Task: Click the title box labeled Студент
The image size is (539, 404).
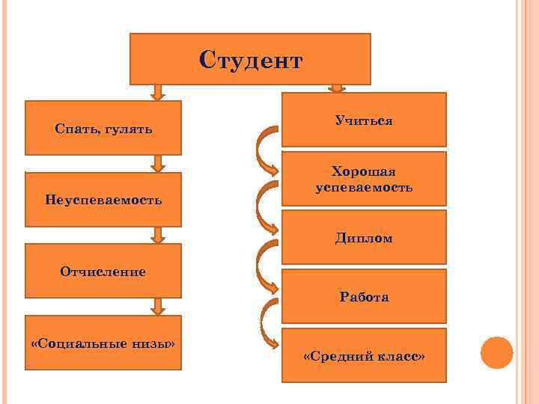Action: (x=250, y=58)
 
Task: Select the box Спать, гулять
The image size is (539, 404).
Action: (x=103, y=128)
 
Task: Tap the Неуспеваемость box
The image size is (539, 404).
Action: (x=103, y=199)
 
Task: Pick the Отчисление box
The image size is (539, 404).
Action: (x=103, y=271)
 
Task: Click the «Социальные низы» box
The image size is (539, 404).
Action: (x=103, y=343)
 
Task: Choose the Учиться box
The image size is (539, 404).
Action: (x=364, y=119)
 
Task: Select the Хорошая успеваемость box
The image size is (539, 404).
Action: (x=364, y=178)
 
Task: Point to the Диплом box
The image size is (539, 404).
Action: (x=364, y=237)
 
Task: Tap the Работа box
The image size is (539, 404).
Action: (x=364, y=296)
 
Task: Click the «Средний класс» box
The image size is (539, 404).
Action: (x=364, y=355)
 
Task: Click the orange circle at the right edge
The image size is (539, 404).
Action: (x=496, y=352)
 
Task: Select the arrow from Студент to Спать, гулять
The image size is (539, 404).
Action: (x=157, y=92)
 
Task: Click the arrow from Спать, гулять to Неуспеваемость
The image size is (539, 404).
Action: (x=157, y=164)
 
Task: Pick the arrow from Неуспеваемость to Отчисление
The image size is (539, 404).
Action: (x=157, y=235)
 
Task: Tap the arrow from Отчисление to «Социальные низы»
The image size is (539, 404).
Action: (x=157, y=306)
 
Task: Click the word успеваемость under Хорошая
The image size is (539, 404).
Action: (x=364, y=187)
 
